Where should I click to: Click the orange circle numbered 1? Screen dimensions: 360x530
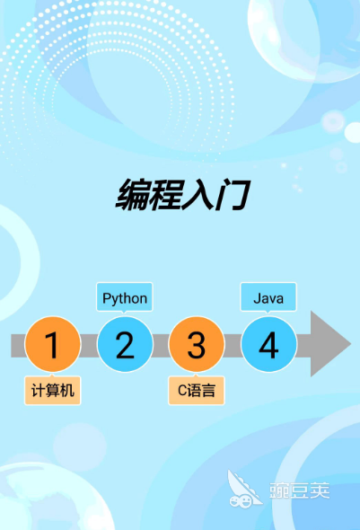pyautogui.click(x=53, y=344)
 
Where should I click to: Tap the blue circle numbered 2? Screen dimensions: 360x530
pyautogui.click(x=125, y=344)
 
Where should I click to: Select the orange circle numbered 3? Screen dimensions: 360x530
pyautogui.click(x=197, y=344)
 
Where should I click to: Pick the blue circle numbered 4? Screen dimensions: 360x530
pyautogui.click(x=268, y=344)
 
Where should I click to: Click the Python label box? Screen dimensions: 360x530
pyautogui.click(x=125, y=297)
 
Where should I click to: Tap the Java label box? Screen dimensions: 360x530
pyautogui.click(x=268, y=297)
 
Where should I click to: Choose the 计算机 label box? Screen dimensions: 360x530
pyautogui.click(x=53, y=390)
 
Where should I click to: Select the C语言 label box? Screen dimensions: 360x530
pyautogui.click(x=197, y=390)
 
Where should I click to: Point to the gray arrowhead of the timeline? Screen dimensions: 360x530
pyautogui.click(x=329, y=344)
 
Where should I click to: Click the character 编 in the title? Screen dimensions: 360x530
pyautogui.click(x=132, y=195)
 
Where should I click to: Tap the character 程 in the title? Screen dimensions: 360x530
pyautogui.click(x=165, y=195)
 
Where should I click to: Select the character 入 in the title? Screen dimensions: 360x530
pyautogui.click(x=198, y=195)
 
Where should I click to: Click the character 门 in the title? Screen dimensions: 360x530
pyautogui.click(x=233, y=195)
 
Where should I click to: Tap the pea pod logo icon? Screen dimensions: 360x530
pyautogui.click(x=244, y=490)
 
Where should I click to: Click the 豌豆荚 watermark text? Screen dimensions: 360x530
pyautogui.click(x=299, y=490)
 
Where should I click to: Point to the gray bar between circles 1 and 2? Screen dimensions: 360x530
pyautogui.click(x=89, y=346)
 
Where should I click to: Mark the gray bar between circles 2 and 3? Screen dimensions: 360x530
pyautogui.click(x=161, y=346)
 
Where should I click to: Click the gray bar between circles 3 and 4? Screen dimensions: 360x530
pyautogui.click(x=233, y=346)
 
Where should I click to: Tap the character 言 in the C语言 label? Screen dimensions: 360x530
pyautogui.click(x=208, y=391)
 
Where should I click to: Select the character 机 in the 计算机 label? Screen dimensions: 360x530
pyautogui.click(x=66, y=391)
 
